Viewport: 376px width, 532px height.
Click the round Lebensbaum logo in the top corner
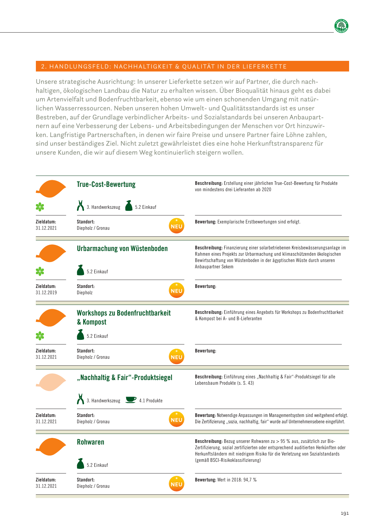point(341,26)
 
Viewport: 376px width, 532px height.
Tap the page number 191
point(345,513)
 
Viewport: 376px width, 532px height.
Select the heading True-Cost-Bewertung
point(106,185)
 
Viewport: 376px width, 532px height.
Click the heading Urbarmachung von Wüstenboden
point(122,249)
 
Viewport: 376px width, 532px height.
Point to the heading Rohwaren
point(90,442)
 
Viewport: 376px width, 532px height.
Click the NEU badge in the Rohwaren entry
point(176,484)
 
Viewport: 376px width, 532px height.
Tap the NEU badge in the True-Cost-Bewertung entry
point(176,226)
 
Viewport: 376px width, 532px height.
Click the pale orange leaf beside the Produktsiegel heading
point(51,382)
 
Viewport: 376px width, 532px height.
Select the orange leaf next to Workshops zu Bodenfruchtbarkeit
point(51,318)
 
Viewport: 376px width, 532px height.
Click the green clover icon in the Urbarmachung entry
point(40,272)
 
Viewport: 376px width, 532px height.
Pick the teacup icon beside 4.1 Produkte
point(131,400)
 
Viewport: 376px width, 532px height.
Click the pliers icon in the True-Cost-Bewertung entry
point(80,206)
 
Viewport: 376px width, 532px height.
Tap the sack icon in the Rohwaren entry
point(80,464)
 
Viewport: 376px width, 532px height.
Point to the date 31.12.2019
point(46,293)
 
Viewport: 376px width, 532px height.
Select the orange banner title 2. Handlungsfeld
point(164,66)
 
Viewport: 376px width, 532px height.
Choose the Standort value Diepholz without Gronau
point(85,293)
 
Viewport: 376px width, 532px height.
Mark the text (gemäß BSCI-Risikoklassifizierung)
point(228,460)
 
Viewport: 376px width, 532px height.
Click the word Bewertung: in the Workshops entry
point(205,351)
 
